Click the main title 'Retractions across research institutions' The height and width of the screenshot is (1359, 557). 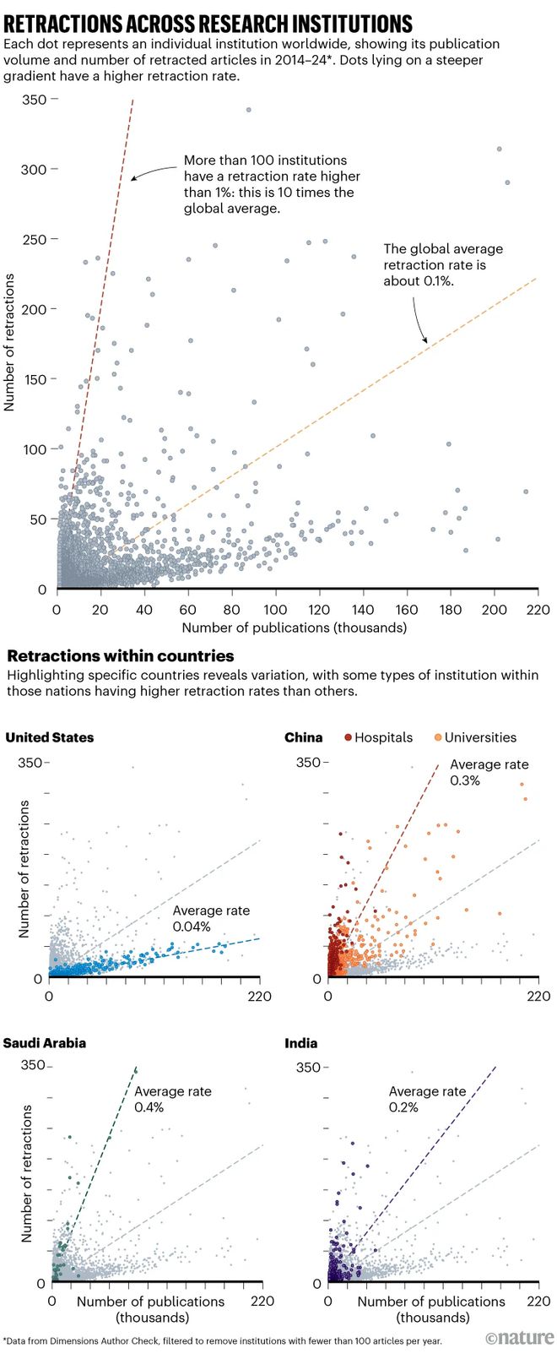click(x=208, y=23)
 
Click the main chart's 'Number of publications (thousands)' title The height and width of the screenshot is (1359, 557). click(x=294, y=628)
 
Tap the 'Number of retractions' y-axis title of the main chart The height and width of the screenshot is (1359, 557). click(x=10, y=342)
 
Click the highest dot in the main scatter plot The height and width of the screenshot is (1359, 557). click(x=248, y=110)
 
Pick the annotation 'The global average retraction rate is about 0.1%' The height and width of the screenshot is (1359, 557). click(x=442, y=264)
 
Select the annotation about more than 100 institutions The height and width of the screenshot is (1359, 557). click(x=272, y=183)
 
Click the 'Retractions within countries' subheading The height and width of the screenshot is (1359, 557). click(x=120, y=656)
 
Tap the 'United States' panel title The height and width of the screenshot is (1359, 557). click(x=50, y=737)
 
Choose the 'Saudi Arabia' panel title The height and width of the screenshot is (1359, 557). click(x=45, y=1043)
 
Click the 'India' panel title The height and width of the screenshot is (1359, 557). click(x=301, y=1043)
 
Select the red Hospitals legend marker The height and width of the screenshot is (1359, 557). click(x=349, y=737)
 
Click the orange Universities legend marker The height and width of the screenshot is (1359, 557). click(x=438, y=737)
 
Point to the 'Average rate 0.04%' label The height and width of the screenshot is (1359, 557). click(x=211, y=919)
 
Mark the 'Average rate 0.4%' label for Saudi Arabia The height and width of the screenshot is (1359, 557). click(x=173, y=1099)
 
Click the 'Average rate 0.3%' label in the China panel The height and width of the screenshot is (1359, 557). click(x=489, y=772)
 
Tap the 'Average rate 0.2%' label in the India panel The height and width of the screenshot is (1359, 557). click(x=427, y=1099)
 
